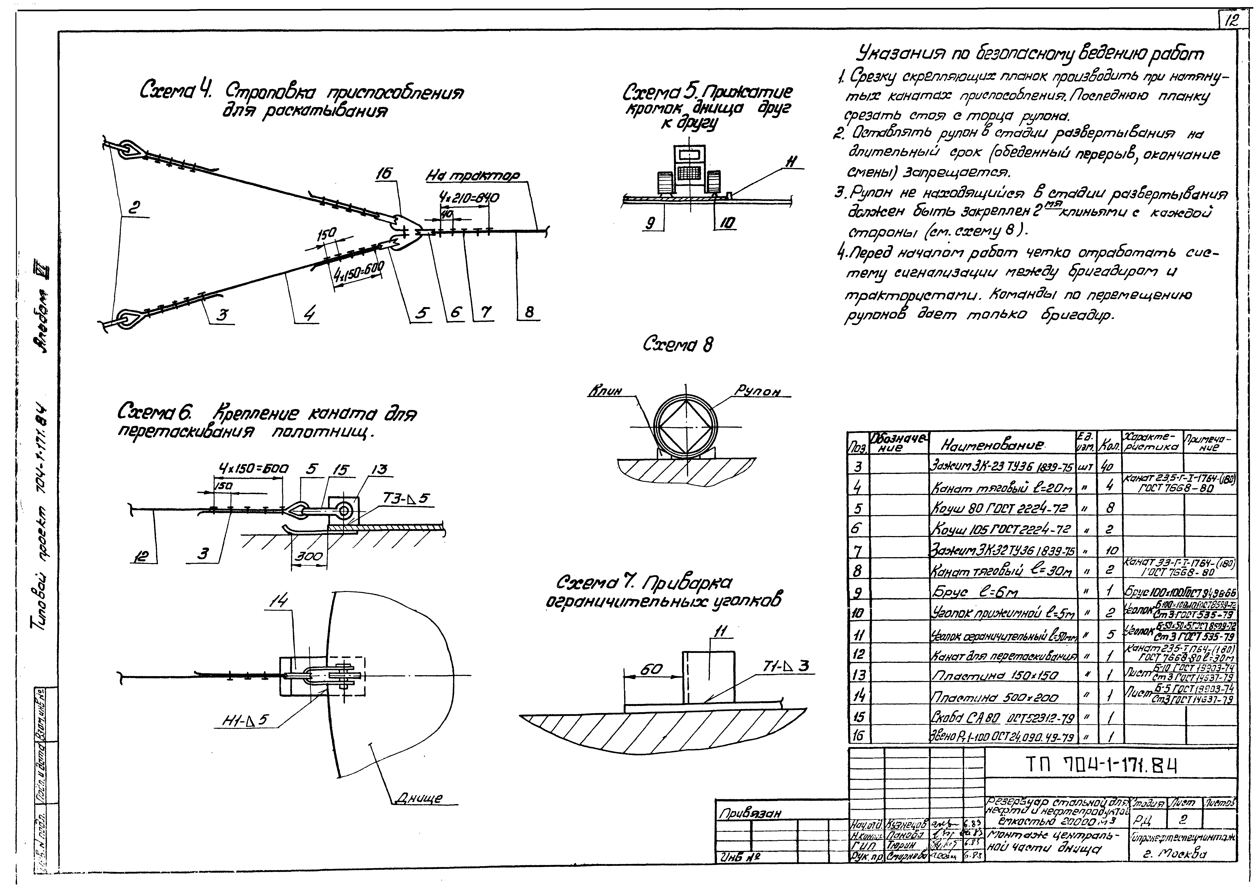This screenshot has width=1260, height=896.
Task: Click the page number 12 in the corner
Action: click(x=1230, y=21)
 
